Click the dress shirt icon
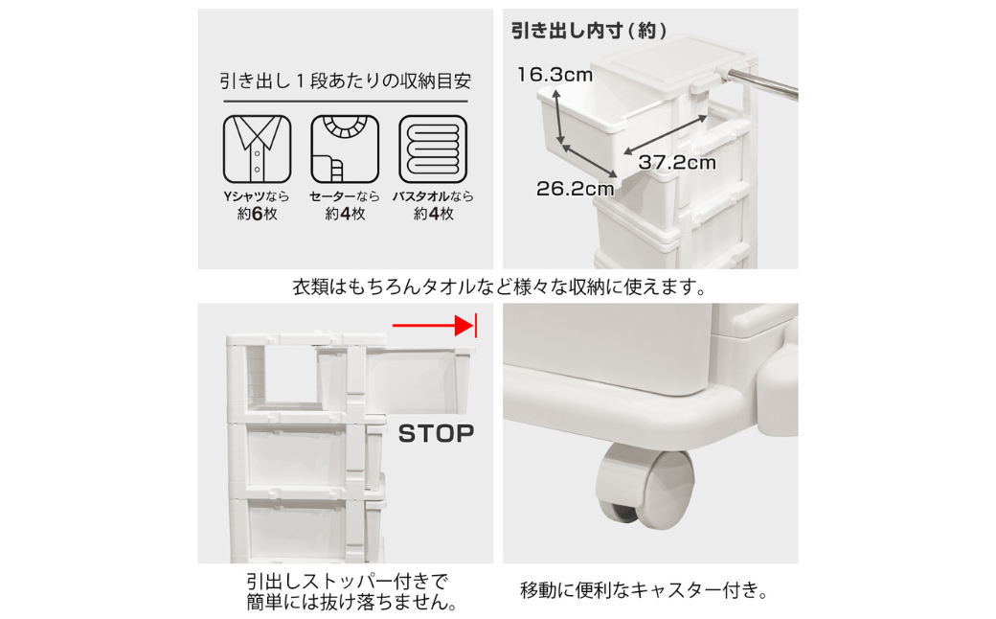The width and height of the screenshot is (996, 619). [x=257, y=149]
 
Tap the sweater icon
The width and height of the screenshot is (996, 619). [x=345, y=149]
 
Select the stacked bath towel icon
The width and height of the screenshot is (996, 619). [x=433, y=149]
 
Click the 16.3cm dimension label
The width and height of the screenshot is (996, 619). [x=555, y=75]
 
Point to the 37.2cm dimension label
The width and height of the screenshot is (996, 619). [x=677, y=163]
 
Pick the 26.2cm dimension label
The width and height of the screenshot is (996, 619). [x=575, y=189]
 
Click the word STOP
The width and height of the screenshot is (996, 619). [x=436, y=433]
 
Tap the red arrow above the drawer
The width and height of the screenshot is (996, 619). [x=435, y=326]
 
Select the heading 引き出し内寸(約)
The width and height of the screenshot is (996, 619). [x=589, y=30]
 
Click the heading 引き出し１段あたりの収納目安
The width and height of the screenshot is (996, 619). [x=346, y=81]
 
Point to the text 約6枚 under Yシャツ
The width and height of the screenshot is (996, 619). [x=257, y=214]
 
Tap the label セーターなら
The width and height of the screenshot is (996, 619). [x=344, y=195]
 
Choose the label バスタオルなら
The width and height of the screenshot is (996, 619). [x=433, y=195]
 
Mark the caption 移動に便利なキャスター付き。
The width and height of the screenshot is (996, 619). [x=645, y=590]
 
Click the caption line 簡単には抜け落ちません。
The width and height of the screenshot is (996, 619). [x=351, y=602]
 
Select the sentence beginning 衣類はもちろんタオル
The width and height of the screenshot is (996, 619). [x=499, y=287]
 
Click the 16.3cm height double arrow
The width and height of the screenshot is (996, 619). [x=558, y=119]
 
